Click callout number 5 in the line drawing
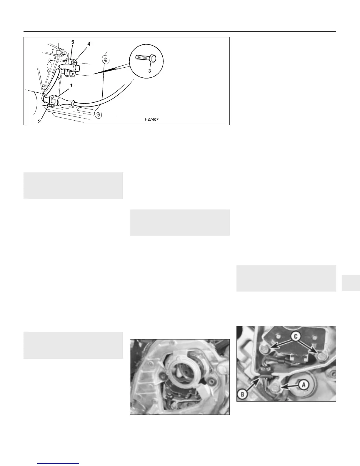tap(73, 42)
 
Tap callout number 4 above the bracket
tap(89, 44)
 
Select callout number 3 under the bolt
tap(149, 71)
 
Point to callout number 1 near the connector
tap(71, 86)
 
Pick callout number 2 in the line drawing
tap(39, 122)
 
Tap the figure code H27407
tap(151, 119)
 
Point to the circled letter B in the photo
tap(243, 394)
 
